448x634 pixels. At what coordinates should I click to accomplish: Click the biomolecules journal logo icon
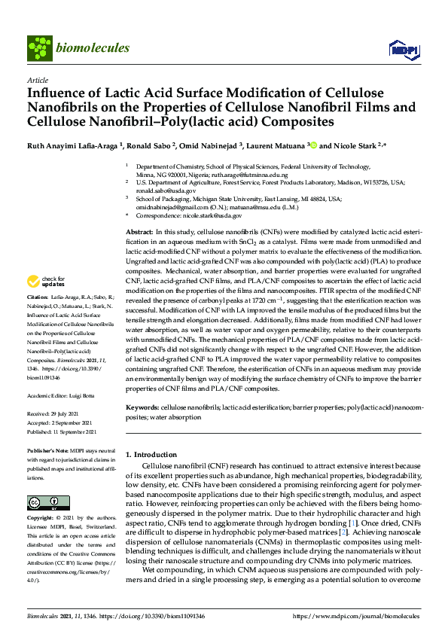(38, 48)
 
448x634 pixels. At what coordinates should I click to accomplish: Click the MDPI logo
(399, 50)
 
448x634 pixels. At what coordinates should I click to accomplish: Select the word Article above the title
(37, 80)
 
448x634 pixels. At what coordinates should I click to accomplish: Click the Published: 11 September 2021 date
(62, 432)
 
